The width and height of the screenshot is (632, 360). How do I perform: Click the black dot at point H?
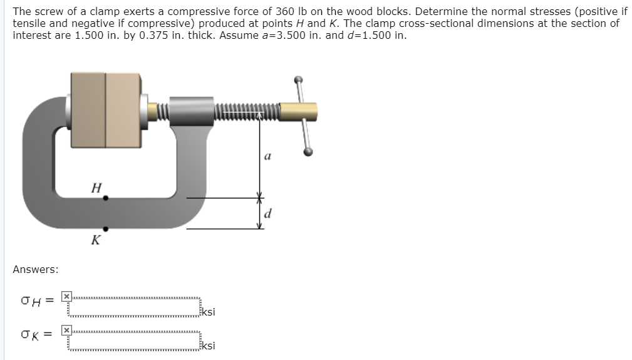coord(105,198)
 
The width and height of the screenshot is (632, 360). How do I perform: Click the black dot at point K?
coord(105,229)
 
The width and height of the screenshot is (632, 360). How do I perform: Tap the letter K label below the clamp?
coord(95,240)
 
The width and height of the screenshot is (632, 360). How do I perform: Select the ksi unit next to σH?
coord(209,312)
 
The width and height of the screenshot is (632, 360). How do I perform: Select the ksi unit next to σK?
coord(209,346)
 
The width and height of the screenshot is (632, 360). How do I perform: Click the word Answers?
coord(36,269)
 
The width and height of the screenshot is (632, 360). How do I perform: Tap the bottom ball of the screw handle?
coord(308,152)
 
